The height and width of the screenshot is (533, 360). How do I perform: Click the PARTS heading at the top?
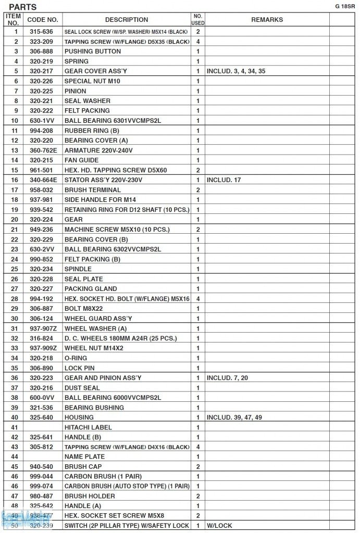pos(23,7)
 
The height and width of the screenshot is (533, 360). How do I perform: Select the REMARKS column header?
pos(267,20)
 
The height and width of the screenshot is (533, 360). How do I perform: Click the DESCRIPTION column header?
pos(127,20)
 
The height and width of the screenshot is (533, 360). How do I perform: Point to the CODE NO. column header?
pos(43,20)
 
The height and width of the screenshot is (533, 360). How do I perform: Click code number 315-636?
pos(41,32)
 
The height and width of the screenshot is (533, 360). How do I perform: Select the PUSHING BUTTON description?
pos(93,52)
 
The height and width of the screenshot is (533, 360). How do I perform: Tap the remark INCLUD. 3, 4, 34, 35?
pos(236,71)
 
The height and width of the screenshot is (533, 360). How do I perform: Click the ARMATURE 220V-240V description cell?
pos(98,150)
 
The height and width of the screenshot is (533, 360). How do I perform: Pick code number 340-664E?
pos(43,180)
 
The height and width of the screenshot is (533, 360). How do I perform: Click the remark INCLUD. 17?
pos(224,180)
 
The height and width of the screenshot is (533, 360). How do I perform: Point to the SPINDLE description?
pos(78,269)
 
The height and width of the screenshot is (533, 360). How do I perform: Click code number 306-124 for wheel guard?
pos(41,319)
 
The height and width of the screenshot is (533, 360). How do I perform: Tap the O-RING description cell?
pos(76,358)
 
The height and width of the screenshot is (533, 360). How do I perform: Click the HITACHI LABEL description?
pos(88,427)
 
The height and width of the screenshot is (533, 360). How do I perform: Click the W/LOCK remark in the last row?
pos(219,526)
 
